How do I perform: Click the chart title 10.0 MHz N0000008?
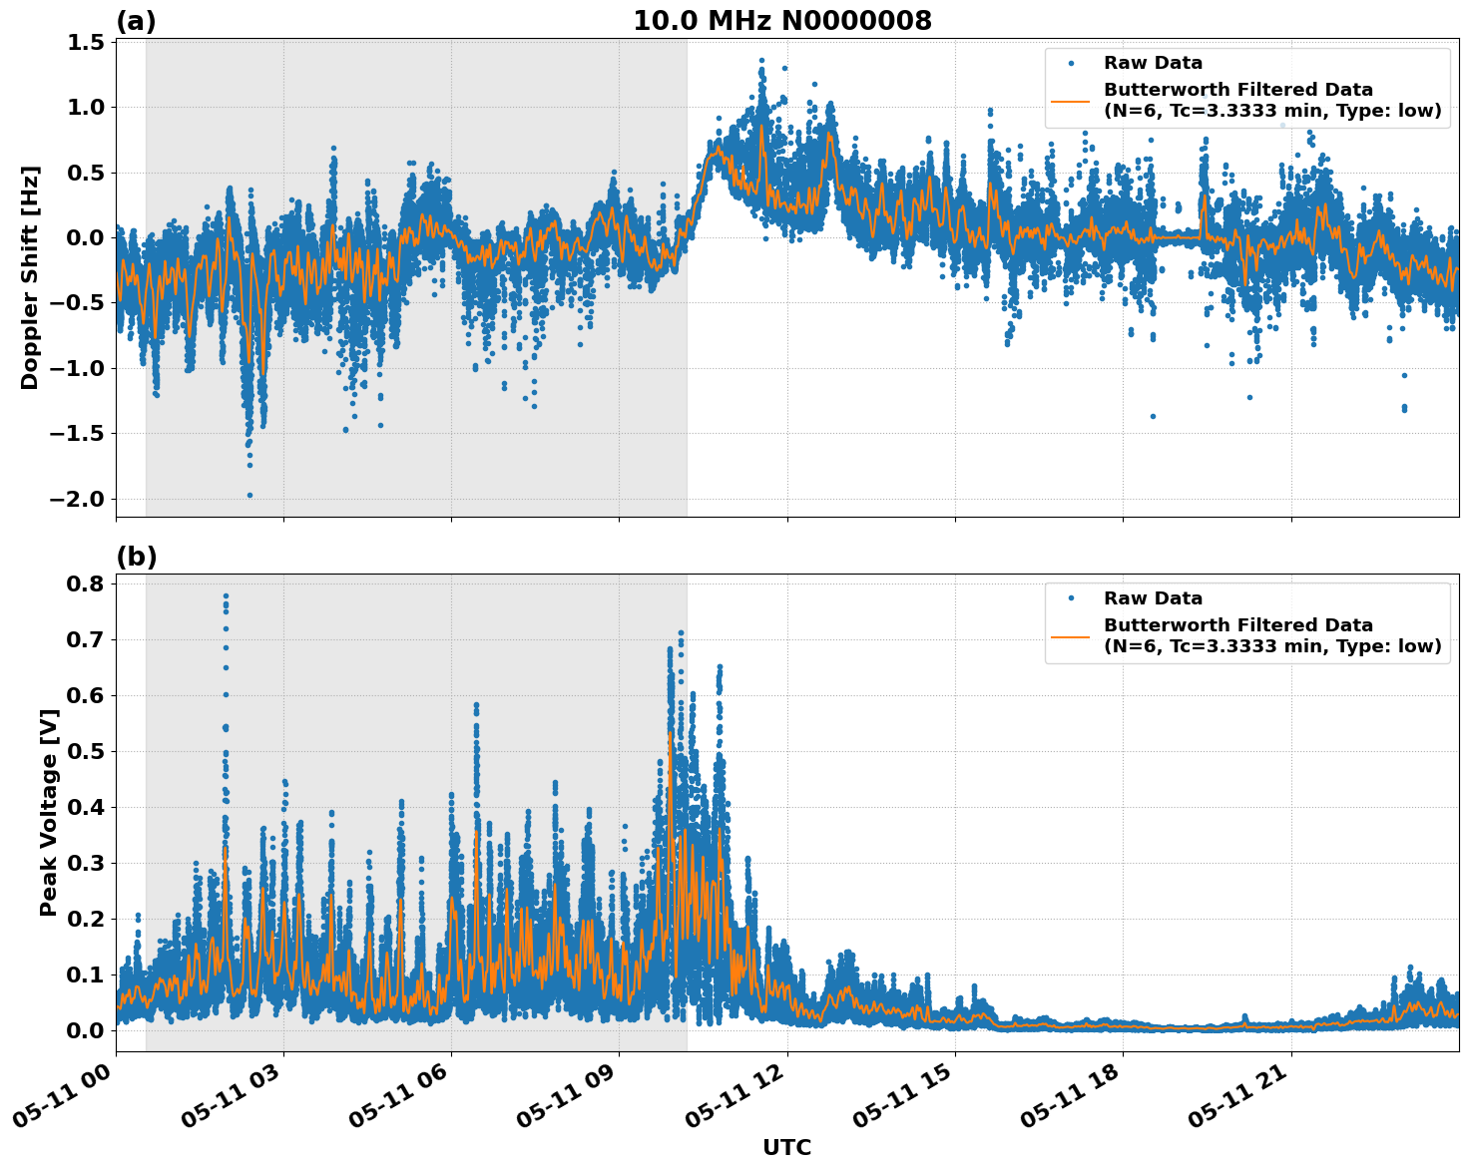pos(782,21)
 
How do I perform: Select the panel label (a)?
pos(136,21)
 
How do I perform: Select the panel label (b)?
pos(136,557)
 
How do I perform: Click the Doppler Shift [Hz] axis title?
pos(30,277)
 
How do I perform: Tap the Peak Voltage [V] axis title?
pos(49,812)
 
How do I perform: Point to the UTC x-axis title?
pos(786,1147)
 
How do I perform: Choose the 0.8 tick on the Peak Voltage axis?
pos(86,584)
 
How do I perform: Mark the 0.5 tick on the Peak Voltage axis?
pos(86,751)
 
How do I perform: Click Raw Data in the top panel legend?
pos(1153,63)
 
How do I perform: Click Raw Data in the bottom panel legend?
pos(1153,598)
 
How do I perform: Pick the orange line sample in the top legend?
pos(1070,101)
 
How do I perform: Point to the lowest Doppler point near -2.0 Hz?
pos(249,495)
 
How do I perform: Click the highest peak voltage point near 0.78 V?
pos(226,596)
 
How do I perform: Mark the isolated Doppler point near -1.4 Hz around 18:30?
pos(1153,416)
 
